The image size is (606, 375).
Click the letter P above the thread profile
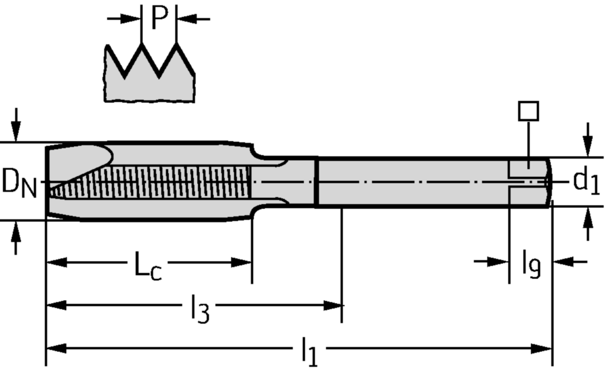click(159, 18)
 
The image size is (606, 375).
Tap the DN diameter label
click(20, 182)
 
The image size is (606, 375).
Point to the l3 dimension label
click(200, 309)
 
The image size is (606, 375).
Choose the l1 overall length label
click(309, 351)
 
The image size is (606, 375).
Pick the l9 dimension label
click(531, 264)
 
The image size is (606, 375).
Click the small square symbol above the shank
click(528, 111)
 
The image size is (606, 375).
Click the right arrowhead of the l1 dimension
click(542, 348)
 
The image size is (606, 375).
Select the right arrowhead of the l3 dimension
click(332, 306)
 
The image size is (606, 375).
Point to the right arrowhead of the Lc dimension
click(242, 262)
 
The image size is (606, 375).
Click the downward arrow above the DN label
click(16, 125)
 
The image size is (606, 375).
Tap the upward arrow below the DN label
click(16, 238)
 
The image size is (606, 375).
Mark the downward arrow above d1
click(588, 139)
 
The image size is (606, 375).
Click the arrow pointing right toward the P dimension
click(124, 18)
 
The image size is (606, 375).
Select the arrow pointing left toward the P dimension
click(193, 18)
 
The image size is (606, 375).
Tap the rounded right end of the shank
click(549, 182)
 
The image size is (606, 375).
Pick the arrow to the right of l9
click(570, 262)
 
